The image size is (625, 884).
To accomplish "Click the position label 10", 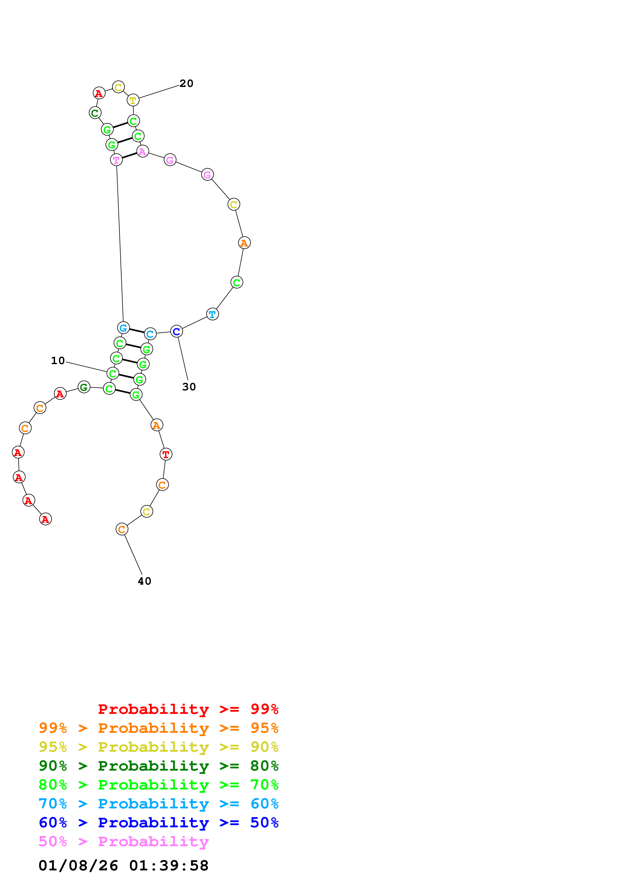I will tap(58, 361).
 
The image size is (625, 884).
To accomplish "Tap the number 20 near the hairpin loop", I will tap(186, 84).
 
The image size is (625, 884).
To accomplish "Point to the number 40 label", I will tap(144, 581).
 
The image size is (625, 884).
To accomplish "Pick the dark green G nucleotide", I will tap(84, 387).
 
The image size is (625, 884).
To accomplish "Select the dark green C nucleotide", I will tap(95, 113).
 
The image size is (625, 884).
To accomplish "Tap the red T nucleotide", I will tap(166, 454).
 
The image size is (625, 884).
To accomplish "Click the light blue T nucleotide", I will tap(213, 314).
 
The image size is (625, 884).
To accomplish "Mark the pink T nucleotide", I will tap(116, 160).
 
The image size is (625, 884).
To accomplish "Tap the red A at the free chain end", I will tap(45, 519).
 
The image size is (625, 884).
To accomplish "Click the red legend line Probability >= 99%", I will tap(188, 709).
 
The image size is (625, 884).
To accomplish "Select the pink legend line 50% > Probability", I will tap(124, 842).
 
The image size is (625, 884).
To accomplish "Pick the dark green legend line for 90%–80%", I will tap(158, 766).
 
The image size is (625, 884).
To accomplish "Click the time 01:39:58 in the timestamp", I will tap(169, 866).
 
